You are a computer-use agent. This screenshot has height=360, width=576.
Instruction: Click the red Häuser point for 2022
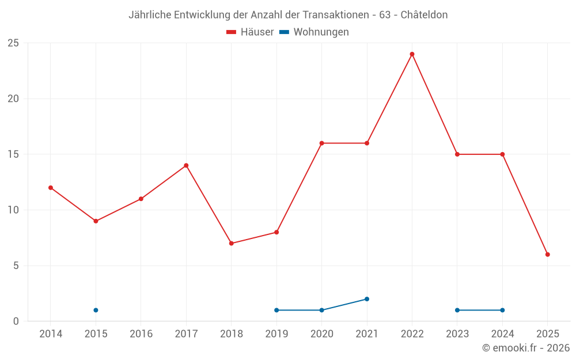412,54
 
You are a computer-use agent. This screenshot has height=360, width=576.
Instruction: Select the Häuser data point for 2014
51,188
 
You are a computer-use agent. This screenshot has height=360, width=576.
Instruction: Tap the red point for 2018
231,243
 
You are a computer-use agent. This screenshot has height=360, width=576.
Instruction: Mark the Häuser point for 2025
547,255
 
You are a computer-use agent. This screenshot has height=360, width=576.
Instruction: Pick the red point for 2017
186,165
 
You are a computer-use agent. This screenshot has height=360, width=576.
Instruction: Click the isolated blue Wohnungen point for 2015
96,310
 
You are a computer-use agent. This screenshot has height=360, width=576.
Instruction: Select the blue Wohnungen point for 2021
366,299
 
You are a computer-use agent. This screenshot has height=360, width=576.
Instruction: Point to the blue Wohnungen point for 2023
457,310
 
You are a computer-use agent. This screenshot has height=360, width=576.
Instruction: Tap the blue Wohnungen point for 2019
276,310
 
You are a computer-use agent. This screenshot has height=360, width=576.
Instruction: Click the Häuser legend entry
250,32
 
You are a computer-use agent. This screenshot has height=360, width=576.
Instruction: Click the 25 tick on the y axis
13,43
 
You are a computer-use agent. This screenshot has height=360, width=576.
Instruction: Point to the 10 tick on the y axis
13,210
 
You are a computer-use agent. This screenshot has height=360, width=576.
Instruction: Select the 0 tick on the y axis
16,321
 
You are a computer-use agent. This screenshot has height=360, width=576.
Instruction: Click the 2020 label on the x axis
321,334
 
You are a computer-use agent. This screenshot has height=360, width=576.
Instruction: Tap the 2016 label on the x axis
141,334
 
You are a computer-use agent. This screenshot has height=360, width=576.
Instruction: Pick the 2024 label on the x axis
502,334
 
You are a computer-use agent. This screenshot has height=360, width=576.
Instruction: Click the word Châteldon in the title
423,15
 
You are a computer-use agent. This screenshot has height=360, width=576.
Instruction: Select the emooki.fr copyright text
525,348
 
